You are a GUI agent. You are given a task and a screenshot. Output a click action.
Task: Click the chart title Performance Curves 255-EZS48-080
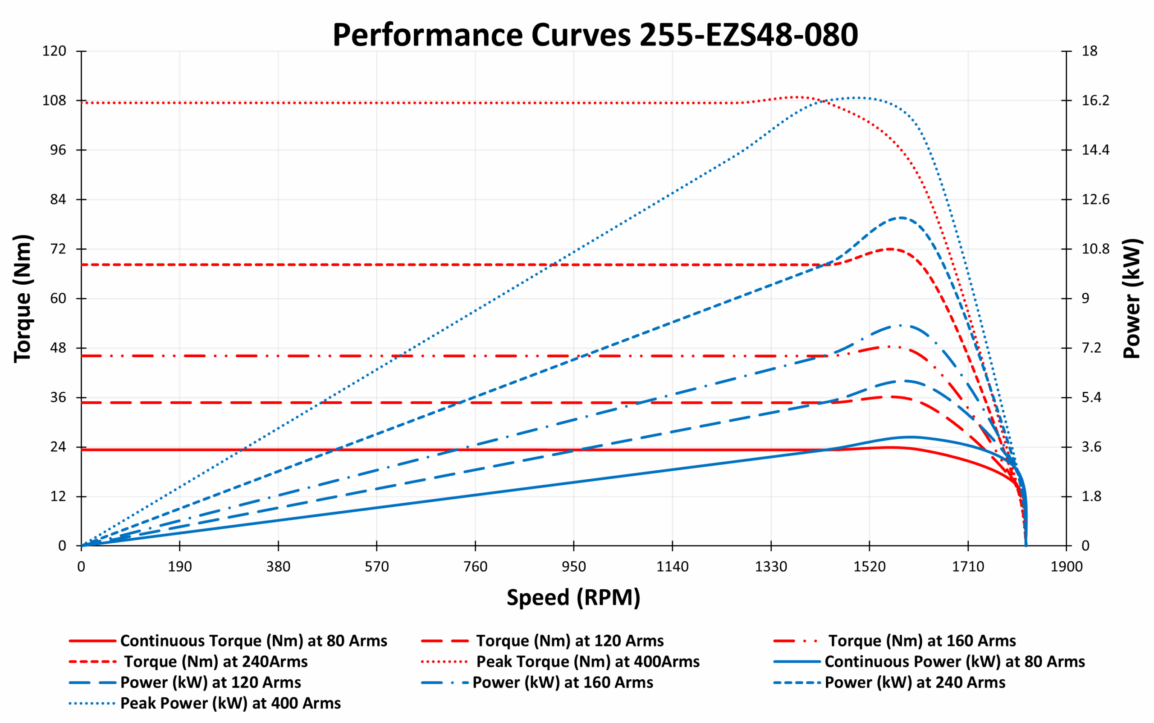(595, 34)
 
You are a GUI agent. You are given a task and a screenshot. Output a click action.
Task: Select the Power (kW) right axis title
(1132, 299)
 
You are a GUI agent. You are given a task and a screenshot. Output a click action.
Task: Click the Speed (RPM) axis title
(573, 597)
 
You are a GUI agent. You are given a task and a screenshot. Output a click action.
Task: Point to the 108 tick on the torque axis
(54, 100)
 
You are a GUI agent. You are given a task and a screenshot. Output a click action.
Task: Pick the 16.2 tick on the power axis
(1094, 100)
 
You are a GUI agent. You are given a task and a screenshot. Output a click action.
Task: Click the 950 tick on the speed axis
(573, 567)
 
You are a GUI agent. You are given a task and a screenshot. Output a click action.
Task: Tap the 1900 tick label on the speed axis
(1066, 567)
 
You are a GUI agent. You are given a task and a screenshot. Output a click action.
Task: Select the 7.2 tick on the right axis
(1091, 348)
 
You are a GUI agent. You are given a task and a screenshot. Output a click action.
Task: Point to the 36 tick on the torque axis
(58, 397)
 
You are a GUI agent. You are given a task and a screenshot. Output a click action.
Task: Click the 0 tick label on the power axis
(1085, 546)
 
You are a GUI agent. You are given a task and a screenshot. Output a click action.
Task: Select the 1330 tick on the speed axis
(771, 567)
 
